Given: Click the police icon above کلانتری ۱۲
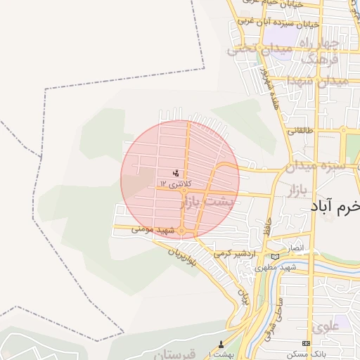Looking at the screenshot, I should click(x=176, y=172).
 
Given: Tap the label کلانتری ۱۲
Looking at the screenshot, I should click(x=174, y=183).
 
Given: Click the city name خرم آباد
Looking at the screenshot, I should click(x=335, y=207).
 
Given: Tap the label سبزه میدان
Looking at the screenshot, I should click(x=319, y=167).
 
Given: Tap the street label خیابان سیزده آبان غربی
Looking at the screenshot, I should click(x=278, y=22).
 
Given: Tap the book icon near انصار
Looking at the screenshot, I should click(x=274, y=256).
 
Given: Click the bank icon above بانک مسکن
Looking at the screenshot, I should click(x=305, y=343).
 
